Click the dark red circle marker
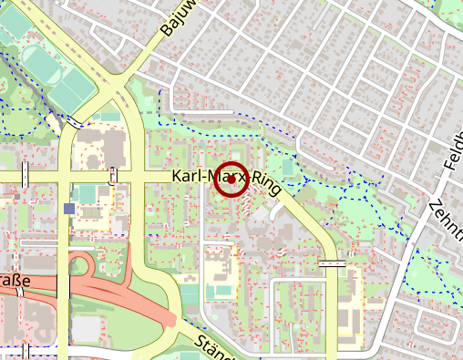231,180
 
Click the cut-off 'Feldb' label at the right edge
453,151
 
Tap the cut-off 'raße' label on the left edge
15,282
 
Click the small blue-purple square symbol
70,209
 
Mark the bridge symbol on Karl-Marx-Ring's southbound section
333,262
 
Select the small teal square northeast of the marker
288,168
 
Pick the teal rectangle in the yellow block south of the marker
219,291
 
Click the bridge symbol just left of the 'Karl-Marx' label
112,176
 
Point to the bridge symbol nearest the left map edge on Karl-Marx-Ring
26,174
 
